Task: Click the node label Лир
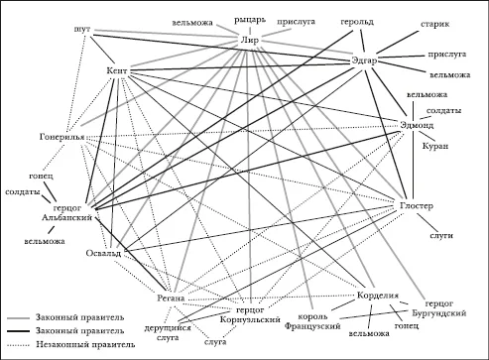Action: [x=250, y=41]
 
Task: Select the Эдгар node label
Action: [x=364, y=61]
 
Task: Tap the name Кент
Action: [x=117, y=71]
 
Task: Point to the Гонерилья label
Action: [x=61, y=137]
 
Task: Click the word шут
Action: [x=82, y=29]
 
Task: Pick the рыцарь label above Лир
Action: [x=250, y=20]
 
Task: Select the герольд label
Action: [x=357, y=22]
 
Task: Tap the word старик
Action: [x=435, y=25]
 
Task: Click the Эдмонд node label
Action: [x=417, y=125]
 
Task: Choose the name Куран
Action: [x=435, y=146]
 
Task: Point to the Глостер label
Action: [x=417, y=205]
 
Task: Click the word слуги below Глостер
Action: [x=441, y=236]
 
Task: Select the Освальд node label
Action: [x=103, y=254]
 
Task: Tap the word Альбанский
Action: [x=66, y=218]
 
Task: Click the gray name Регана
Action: [x=171, y=299]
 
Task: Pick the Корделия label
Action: [x=378, y=296]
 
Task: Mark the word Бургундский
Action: [x=439, y=312]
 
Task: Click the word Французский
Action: [x=312, y=326]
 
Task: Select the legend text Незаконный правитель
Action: [x=85, y=344]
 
